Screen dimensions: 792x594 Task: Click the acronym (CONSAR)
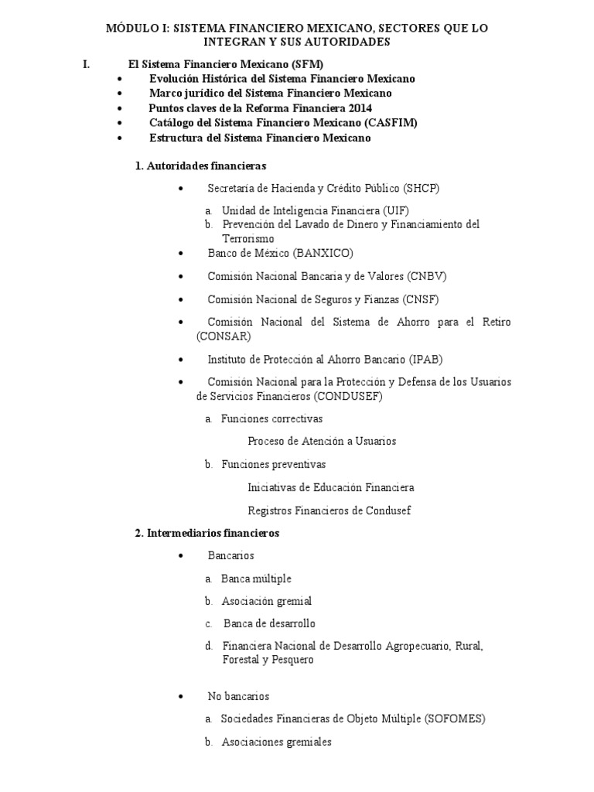pos(224,336)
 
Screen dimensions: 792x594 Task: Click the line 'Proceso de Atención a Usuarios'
pos(322,441)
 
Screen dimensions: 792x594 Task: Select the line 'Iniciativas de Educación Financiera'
pos(331,487)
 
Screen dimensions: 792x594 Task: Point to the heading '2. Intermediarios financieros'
pos(207,533)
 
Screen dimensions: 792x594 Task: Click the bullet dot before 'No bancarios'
pos(179,697)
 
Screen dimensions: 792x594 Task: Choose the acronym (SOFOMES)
pos(455,719)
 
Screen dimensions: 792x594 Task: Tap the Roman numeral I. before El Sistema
pos(87,64)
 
